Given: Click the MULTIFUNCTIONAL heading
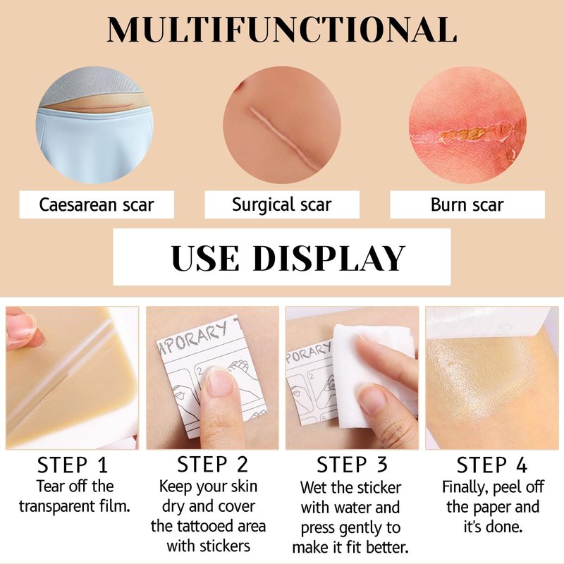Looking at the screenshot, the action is (x=282, y=30).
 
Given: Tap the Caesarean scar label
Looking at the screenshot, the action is (x=97, y=204).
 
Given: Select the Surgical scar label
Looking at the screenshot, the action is (x=281, y=204).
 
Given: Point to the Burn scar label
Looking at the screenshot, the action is (x=467, y=204).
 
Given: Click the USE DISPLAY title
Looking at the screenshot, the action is (x=288, y=258).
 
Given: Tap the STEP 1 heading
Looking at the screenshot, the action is (x=73, y=465).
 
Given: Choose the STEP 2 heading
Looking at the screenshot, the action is (x=212, y=464).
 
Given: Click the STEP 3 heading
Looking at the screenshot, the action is (x=352, y=464).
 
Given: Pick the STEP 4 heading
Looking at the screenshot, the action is (x=491, y=465).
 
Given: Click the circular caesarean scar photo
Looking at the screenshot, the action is (x=95, y=125).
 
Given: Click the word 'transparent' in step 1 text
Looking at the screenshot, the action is (x=56, y=506).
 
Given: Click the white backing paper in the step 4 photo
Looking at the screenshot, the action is (x=489, y=323).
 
